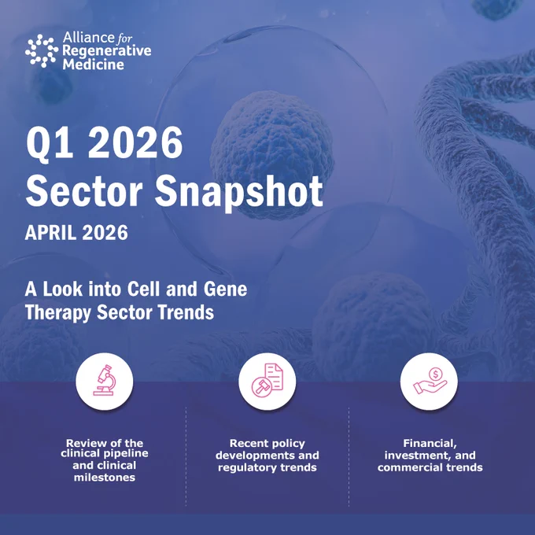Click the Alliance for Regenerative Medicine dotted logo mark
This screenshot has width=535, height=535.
(x=42, y=51)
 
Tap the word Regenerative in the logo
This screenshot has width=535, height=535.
(x=107, y=51)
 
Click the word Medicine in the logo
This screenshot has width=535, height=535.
(x=93, y=65)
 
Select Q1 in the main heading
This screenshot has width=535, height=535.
(x=50, y=142)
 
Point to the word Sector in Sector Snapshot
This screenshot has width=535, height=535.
(x=84, y=190)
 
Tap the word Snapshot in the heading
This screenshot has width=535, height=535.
(x=239, y=193)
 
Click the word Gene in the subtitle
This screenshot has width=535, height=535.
(x=225, y=289)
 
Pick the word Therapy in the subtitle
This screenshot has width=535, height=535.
(x=58, y=313)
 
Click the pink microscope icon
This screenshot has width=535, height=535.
(x=105, y=380)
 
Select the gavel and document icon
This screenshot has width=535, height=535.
(x=267, y=380)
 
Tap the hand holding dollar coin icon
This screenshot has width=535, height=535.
(x=430, y=381)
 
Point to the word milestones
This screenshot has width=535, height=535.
(x=105, y=477)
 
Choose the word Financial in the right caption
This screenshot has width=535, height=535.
(x=430, y=444)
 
